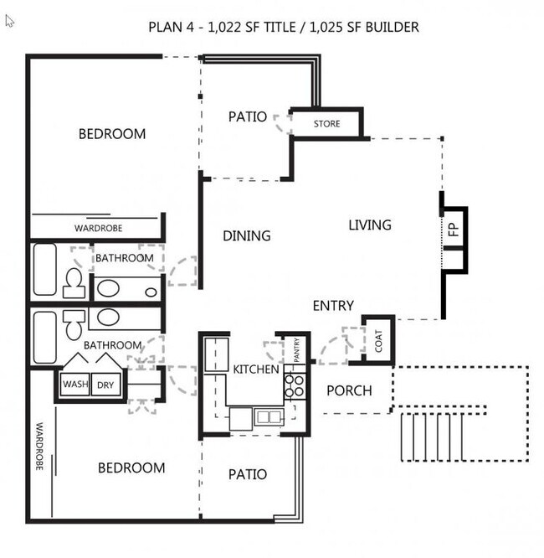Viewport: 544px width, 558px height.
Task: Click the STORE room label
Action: click(327, 124)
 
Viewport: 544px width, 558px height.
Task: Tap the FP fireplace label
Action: click(454, 232)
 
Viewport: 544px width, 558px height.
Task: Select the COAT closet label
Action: click(379, 340)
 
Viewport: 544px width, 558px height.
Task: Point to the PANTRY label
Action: click(297, 349)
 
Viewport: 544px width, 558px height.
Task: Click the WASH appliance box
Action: click(75, 385)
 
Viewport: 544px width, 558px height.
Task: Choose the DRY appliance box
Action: click(105, 385)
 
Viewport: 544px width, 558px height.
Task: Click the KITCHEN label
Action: click(255, 369)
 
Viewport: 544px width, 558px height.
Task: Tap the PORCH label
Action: click(349, 390)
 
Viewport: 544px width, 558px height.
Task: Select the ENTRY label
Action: click(333, 306)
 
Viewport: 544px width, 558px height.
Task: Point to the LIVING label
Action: click(370, 225)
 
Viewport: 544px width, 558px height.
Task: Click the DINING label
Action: click(247, 236)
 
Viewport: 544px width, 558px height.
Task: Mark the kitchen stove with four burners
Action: click(294, 385)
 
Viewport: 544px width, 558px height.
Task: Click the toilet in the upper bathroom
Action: click(74, 282)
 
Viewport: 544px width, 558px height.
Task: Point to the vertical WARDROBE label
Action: click(39, 447)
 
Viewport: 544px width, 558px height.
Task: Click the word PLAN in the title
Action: click(163, 27)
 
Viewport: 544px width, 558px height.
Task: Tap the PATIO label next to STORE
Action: click(248, 116)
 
